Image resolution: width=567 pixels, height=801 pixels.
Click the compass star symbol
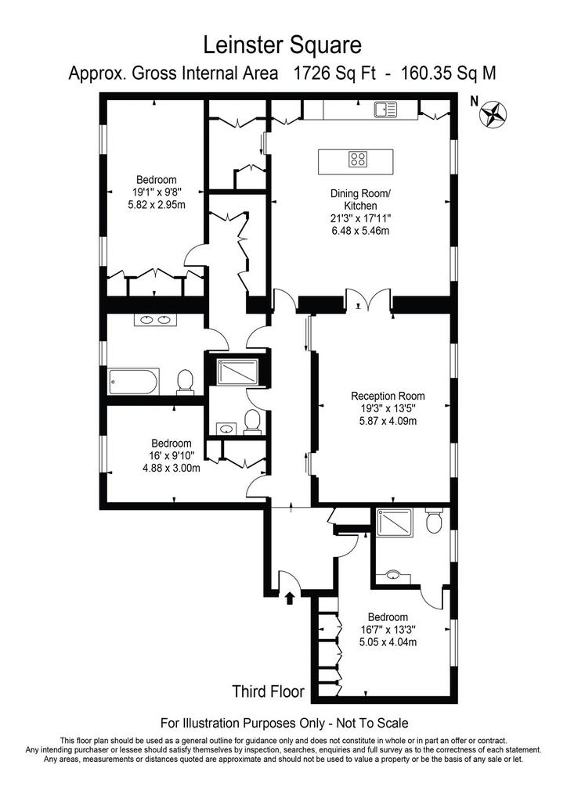click(493, 114)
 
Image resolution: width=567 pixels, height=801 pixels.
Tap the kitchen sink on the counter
click(385, 109)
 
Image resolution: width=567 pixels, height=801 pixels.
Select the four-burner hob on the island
click(358, 159)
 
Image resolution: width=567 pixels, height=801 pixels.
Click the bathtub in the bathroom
click(134, 381)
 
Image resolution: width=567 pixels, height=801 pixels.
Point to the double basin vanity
click(155, 320)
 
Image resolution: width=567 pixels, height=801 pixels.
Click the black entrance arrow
click(290, 598)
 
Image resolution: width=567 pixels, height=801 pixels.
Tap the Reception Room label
click(388, 396)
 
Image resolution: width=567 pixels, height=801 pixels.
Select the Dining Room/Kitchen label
click(360, 199)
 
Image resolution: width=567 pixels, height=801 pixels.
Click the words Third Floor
click(269, 691)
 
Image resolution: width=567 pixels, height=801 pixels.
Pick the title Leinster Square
click(283, 45)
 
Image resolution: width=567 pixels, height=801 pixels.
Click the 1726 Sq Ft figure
click(334, 74)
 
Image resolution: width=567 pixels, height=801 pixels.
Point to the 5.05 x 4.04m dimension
click(388, 642)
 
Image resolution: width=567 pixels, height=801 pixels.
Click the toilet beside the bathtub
click(185, 382)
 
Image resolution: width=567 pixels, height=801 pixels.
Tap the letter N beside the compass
click(474, 102)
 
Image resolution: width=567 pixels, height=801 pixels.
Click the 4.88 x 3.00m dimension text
click(172, 468)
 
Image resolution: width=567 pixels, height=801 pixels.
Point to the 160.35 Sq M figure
click(449, 74)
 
